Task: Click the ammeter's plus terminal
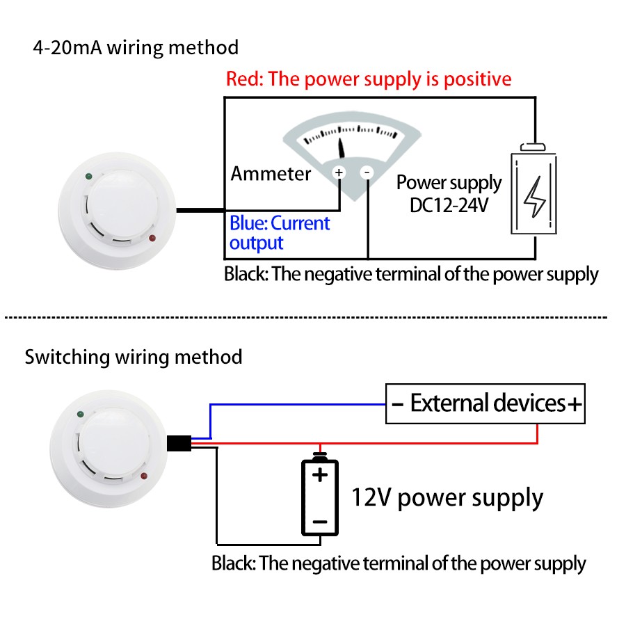(339, 172)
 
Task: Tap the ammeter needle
(342, 146)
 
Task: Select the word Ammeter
(271, 173)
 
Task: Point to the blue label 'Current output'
(280, 233)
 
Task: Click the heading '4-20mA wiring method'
(136, 48)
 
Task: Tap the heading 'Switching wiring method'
(134, 358)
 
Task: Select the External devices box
(485, 403)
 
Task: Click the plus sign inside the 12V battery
(319, 476)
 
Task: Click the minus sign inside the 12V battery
(319, 521)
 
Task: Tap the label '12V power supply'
(447, 498)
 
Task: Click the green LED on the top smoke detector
(88, 177)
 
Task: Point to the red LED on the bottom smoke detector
(145, 476)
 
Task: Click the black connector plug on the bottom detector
(179, 442)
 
